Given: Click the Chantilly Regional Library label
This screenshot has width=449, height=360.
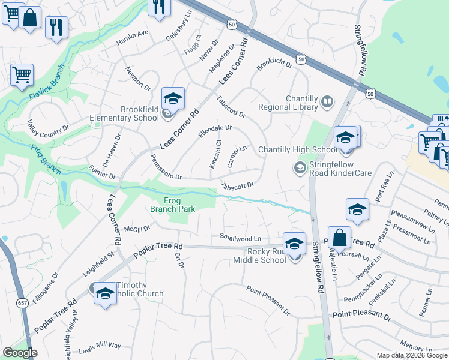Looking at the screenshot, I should tap(288, 103).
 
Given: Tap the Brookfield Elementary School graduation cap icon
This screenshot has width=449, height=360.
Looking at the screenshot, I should tap(173, 98).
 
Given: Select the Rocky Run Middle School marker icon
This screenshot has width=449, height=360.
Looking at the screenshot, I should tap(294, 244).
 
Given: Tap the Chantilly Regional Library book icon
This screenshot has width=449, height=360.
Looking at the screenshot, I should tap(327, 102).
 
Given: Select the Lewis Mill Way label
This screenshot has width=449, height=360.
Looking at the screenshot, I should tap(100, 346).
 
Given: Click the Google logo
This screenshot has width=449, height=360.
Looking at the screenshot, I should tap(20, 353).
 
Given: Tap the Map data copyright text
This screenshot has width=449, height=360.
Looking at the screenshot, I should tap(411, 355).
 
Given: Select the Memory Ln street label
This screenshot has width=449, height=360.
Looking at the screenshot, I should tap(412, 346).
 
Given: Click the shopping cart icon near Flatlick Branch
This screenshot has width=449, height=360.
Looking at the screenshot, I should tap(22, 75).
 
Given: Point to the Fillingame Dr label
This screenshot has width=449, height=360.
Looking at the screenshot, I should tap(46, 289).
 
